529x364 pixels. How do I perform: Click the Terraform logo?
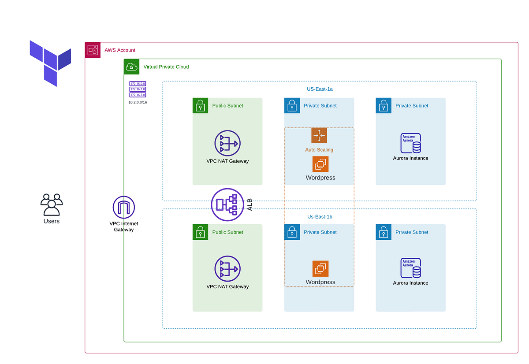pyautogui.click(x=50, y=63)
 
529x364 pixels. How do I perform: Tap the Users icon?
pyautogui.click(x=52, y=204)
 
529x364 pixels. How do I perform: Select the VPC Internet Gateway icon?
pyautogui.click(x=124, y=207)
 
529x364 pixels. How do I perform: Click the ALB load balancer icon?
pyautogui.click(x=227, y=204)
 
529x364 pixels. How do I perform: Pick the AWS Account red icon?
pyautogui.click(x=93, y=50)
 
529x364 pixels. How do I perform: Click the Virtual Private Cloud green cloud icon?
pyautogui.click(x=131, y=67)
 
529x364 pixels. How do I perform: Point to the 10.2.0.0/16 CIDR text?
pyautogui.click(x=138, y=102)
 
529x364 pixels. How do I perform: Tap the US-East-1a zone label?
pyautogui.click(x=320, y=89)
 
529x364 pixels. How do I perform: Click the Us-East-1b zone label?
pyautogui.click(x=320, y=217)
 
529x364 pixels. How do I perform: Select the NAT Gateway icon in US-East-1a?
pyautogui.click(x=227, y=143)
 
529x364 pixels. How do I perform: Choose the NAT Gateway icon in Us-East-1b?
pyautogui.click(x=227, y=269)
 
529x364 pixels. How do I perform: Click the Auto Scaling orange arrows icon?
pyautogui.click(x=319, y=136)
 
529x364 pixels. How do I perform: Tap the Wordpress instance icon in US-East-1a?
pyautogui.click(x=320, y=164)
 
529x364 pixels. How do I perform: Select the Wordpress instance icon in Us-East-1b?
pyautogui.click(x=320, y=269)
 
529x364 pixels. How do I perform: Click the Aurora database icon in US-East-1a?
pyautogui.click(x=410, y=143)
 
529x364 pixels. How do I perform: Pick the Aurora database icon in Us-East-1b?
pyautogui.click(x=410, y=268)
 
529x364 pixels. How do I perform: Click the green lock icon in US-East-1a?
pyautogui.click(x=200, y=105)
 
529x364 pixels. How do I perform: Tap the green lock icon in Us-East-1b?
pyautogui.click(x=200, y=232)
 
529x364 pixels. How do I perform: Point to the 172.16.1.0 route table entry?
pyautogui.click(x=138, y=89)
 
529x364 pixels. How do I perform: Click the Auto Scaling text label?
pyautogui.click(x=319, y=150)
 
